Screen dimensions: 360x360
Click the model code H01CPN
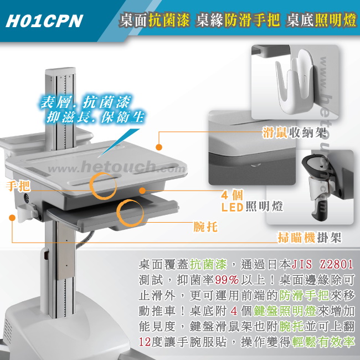point(44,21)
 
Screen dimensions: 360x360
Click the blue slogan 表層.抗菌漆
point(85,102)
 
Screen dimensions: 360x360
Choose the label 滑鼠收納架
point(294,132)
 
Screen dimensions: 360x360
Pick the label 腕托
point(205,227)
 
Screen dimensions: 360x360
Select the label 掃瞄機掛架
point(310,237)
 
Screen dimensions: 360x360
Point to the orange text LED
point(232,207)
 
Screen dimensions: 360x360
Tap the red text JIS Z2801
point(322,264)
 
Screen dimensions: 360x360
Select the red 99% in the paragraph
point(227,280)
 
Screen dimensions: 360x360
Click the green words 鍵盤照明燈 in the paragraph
point(285,311)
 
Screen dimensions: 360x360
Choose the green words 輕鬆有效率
point(323,342)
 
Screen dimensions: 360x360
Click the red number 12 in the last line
point(145,342)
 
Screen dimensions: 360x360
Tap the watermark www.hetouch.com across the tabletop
point(117,167)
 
